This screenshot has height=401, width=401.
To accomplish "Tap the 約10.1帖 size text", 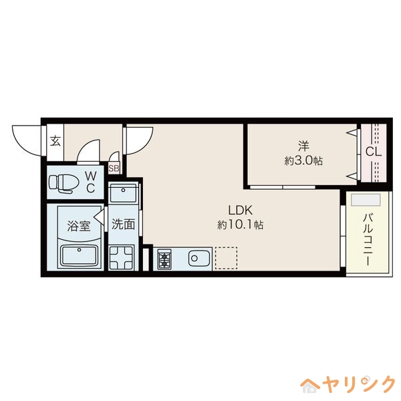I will (x=240, y=225).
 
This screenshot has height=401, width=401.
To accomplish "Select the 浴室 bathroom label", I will (x=78, y=225).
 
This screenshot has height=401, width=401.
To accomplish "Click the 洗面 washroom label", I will (x=123, y=225).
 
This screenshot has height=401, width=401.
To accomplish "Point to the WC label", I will (x=91, y=182).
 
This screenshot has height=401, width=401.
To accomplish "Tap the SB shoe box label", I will (x=114, y=168).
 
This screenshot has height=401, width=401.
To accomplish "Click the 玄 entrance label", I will (x=56, y=141).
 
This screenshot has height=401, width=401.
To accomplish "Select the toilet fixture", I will (x=65, y=182).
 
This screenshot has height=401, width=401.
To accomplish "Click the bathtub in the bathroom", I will (x=79, y=256).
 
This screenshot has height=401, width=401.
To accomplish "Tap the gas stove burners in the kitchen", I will (x=165, y=259).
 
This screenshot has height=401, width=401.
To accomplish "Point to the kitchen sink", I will (x=199, y=259).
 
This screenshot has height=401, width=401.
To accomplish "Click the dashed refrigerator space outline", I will (x=226, y=259).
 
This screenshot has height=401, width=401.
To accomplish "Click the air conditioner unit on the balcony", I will (x=366, y=200).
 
